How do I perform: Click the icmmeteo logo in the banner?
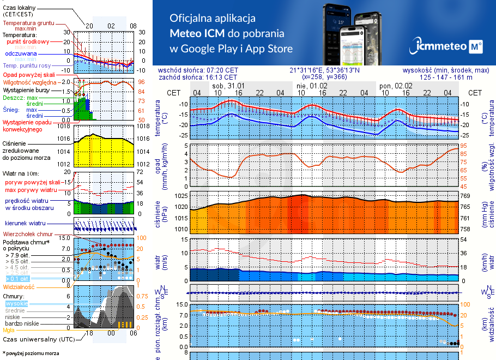[x=448, y=46]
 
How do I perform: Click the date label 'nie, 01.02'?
[x=312, y=86]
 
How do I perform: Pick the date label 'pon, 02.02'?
[x=396, y=86]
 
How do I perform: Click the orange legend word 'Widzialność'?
[x=19, y=286]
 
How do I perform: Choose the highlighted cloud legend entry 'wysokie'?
[x=16, y=303]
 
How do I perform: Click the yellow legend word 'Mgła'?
[x=9, y=330]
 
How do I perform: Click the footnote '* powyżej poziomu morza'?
[x=32, y=353]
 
